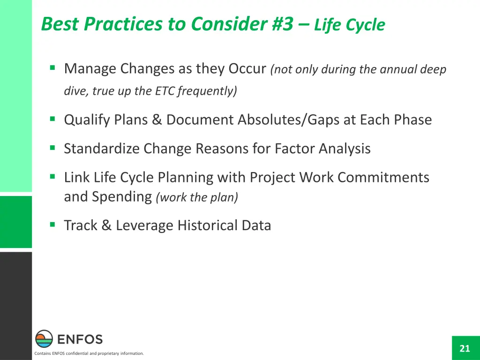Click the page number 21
[x=465, y=348]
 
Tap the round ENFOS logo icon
[x=44, y=338]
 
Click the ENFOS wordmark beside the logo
[x=80, y=339]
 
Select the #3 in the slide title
[x=283, y=24]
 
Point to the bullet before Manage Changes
[x=52, y=67]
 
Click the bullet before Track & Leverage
[x=52, y=225]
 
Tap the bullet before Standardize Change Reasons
[x=52, y=148]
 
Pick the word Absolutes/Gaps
[x=288, y=120]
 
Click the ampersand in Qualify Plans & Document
[x=157, y=120]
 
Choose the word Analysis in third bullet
[x=345, y=149]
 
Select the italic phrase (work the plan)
[x=197, y=197]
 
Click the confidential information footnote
[x=89, y=353]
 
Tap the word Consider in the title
[x=230, y=24]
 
